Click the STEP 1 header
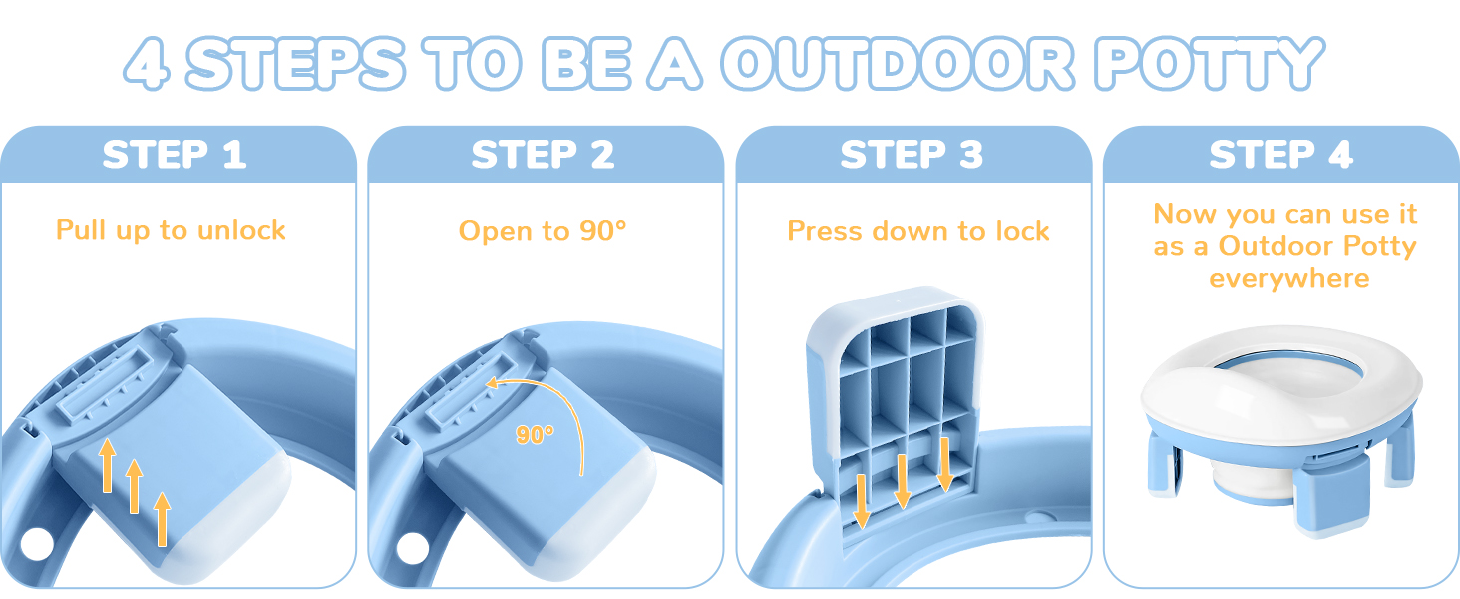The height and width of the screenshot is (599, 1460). click(175, 156)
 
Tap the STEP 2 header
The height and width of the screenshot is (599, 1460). click(544, 156)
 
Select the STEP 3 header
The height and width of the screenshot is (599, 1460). click(912, 156)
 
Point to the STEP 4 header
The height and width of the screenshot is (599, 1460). click(1280, 156)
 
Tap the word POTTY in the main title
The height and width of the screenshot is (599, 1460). click(1209, 64)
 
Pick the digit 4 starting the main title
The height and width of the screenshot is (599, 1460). click(150, 64)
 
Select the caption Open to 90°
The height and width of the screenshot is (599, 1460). click(543, 231)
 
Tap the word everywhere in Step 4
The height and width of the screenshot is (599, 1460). click(1288, 278)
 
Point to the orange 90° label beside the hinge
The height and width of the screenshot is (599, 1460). click(536, 434)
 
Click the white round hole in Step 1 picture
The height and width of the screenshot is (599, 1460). click(36, 545)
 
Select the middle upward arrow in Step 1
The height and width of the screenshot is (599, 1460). click(134, 486)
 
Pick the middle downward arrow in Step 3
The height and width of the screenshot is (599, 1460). click(903, 481)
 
